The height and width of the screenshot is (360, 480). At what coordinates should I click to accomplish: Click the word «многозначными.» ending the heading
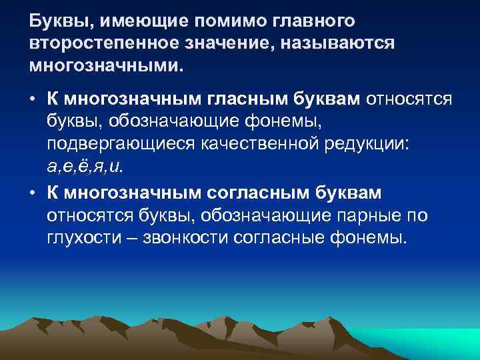(105, 67)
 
